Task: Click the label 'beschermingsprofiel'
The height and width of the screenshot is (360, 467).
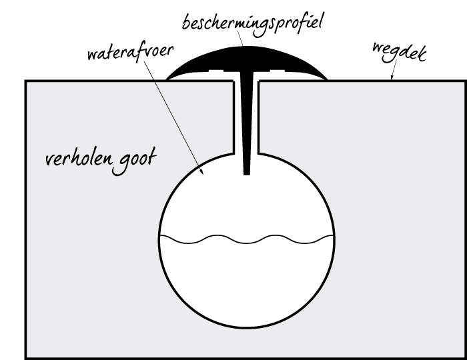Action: coord(252,25)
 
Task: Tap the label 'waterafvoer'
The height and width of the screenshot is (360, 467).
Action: coord(131,53)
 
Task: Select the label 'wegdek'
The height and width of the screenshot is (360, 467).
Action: coord(400,53)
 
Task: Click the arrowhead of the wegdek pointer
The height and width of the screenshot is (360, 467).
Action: coord(392,78)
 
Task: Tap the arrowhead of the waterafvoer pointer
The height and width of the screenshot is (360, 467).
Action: coord(201,171)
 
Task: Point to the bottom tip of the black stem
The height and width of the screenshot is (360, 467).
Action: coord(247,175)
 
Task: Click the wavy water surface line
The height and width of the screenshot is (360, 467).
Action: coord(247,239)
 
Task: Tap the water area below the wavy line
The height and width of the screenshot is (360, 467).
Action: coord(247,283)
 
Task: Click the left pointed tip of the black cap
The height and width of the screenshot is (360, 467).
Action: coord(166,80)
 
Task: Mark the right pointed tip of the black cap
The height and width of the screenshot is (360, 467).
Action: coord(328,80)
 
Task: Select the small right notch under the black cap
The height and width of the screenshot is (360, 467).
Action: coord(278,71)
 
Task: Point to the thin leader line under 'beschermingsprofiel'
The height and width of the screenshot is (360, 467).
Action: coord(240,38)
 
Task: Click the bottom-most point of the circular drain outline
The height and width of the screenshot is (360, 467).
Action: coord(247,327)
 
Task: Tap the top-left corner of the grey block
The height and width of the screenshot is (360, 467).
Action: coord(25,80)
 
